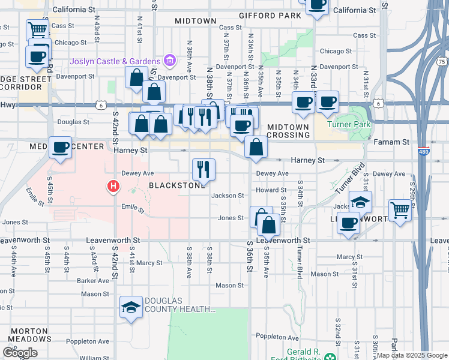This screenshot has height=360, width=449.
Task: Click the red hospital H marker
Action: click(x=112, y=187)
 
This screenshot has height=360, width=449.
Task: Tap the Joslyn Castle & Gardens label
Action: click(x=116, y=61)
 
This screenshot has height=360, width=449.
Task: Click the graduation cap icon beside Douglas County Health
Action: click(x=131, y=308)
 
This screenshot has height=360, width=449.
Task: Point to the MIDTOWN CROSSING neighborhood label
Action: click(x=288, y=131)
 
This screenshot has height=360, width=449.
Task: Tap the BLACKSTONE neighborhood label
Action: click(x=176, y=186)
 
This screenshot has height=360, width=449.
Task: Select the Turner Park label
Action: click(x=349, y=124)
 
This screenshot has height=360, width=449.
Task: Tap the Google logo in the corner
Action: click(x=20, y=353)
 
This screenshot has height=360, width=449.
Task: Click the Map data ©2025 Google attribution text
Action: click(x=412, y=355)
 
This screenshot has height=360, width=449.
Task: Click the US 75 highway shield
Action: click(x=441, y=61)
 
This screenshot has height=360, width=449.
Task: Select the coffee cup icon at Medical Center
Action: click(x=60, y=147)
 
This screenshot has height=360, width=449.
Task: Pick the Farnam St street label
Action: click(x=391, y=142)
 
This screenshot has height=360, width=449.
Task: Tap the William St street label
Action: click(x=94, y=358)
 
